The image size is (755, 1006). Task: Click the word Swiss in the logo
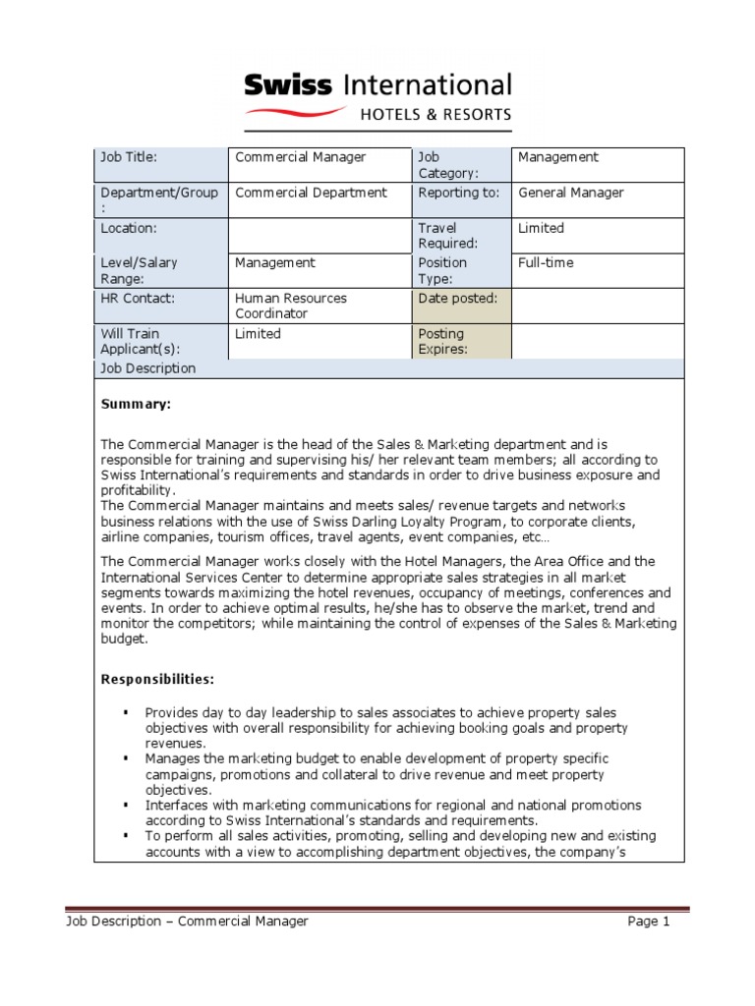pyautogui.click(x=288, y=85)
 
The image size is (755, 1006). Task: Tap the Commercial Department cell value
pyautogui.click(x=311, y=193)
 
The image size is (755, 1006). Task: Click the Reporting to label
pyautogui.click(x=458, y=193)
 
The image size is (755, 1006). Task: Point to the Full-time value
pyautogui.click(x=546, y=263)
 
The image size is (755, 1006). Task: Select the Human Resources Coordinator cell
pyautogui.click(x=291, y=306)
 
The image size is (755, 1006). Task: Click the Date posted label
pyautogui.click(x=457, y=299)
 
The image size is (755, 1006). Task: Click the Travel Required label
pyautogui.click(x=448, y=236)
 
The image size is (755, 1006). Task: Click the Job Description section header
pyautogui.click(x=147, y=368)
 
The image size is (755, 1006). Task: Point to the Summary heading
pyautogui.click(x=136, y=404)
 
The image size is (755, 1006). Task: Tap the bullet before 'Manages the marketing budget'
pyautogui.click(x=127, y=758)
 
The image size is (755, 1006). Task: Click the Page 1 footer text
pyautogui.click(x=649, y=922)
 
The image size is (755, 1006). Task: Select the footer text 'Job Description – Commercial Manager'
pyautogui.click(x=187, y=922)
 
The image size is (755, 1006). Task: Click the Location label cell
pyautogui.click(x=129, y=228)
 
